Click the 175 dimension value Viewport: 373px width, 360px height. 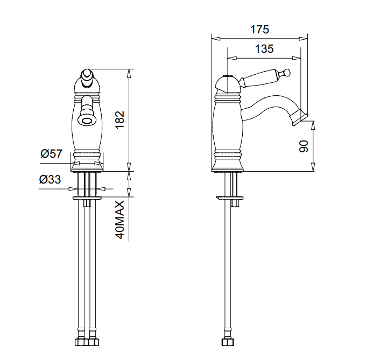click(259, 29)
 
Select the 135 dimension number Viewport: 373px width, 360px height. click(264, 49)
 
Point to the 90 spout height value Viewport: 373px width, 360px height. click(303, 146)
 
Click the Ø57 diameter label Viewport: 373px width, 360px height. click(52, 154)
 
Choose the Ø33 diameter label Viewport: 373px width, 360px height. click(50, 180)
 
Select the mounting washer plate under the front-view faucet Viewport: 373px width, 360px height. click(86, 199)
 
